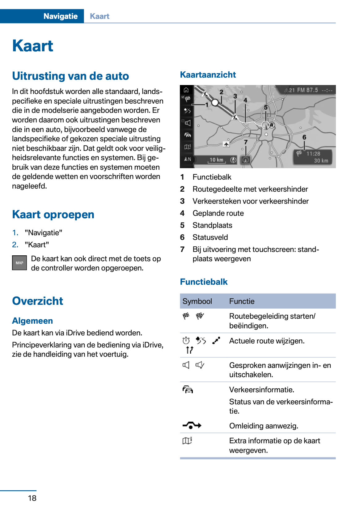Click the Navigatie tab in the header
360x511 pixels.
click(60, 16)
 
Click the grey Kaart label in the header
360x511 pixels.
click(100, 16)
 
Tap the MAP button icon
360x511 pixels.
click(19, 263)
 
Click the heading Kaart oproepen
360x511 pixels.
click(53, 215)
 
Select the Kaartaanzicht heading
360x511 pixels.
click(208, 75)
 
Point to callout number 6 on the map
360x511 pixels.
click(304, 137)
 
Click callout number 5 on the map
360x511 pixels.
click(265, 107)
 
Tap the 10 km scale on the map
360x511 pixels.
click(216, 160)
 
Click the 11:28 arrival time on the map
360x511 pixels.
click(313, 154)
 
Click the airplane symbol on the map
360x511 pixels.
click(226, 144)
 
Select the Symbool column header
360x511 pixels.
click(197, 301)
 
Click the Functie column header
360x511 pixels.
click(242, 301)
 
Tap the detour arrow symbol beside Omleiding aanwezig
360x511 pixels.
click(192, 426)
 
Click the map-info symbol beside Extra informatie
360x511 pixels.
click(187, 441)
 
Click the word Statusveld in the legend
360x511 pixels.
click(210, 237)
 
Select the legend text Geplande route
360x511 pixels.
click(218, 213)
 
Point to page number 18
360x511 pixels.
click(32, 498)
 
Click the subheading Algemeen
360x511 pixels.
click(32, 321)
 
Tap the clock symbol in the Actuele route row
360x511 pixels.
click(186, 341)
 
